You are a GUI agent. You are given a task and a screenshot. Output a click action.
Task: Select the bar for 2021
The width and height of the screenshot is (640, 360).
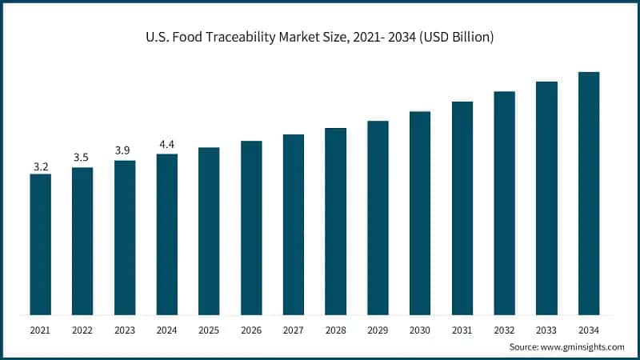40,244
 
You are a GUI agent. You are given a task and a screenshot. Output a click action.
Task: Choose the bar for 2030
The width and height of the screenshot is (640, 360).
420,213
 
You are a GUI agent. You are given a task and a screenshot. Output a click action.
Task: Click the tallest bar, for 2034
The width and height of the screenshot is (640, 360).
589,193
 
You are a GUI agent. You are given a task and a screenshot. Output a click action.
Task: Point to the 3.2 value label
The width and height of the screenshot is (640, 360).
40,166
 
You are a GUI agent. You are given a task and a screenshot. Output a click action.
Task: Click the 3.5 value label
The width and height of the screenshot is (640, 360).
82,158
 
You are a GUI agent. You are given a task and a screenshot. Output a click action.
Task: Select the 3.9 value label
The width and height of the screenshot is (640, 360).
124,151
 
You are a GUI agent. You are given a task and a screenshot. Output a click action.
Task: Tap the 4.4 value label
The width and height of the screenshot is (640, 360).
166,144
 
